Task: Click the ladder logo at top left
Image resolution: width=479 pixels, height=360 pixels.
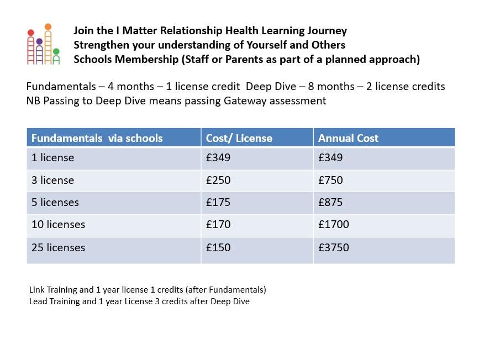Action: pyautogui.click(x=43, y=45)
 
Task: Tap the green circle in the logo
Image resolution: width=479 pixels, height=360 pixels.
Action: pyautogui.click(x=56, y=52)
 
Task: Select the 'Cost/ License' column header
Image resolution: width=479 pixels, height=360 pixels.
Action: pyautogui.click(x=239, y=138)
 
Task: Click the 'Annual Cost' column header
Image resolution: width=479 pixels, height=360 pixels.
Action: pyautogui.click(x=348, y=138)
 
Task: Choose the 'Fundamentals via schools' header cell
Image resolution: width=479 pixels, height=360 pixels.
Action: pyautogui.click(x=97, y=138)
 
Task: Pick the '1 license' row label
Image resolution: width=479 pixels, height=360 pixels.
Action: pyautogui.click(x=52, y=158)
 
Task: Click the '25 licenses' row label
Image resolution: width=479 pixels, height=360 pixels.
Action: pyautogui.click(x=58, y=248)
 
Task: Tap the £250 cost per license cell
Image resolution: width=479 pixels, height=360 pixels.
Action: pyautogui.click(x=218, y=181)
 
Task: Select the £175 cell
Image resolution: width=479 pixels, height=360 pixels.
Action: pyautogui.click(x=218, y=203)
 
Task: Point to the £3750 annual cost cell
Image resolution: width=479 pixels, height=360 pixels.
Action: pyautogui.click(x=334, y=248)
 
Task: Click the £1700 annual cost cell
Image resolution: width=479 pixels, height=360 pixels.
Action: pyautogui.click(x=334, y=225)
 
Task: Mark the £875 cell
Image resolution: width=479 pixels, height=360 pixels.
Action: pyautogui.click(x=330, y=203)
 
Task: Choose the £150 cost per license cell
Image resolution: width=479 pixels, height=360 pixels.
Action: pyautogui.click(x=218, y=248)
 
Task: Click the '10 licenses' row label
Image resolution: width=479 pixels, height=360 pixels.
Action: pyautogui.click(x=58, y=225)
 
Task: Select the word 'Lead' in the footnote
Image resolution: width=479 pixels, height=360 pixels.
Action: pyautogui.click(x=38, y=301)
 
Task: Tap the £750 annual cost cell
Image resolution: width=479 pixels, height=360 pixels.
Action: pyautogui.click(x=330, y=181)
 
